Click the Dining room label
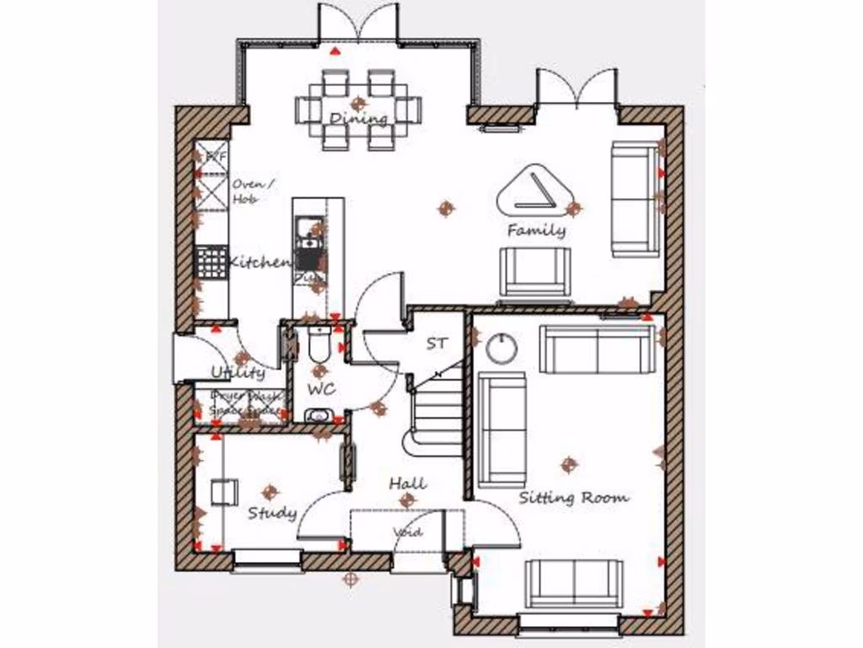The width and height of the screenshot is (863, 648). tap(358, 118)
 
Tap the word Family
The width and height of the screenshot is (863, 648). tap(536, 229)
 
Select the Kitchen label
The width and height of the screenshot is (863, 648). tap(260, 262)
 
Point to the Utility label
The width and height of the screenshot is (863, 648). tap(238, 372)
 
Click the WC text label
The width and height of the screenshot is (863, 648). tap(321, 389)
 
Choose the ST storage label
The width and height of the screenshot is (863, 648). tap(437, 343)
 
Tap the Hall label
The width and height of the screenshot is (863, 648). tap(407, 483)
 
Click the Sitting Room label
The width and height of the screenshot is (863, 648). tap(573, 497)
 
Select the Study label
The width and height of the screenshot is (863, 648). tap(271, 512)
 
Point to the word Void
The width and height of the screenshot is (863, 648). tap(407, 532)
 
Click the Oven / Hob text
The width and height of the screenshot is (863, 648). tap(247, 192)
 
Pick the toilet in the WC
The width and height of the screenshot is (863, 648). tap(320, 346)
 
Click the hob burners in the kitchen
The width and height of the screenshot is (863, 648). tap(212, 261)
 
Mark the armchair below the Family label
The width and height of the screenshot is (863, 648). tap(534, 271)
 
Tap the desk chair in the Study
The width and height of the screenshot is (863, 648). tap(224, 490)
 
